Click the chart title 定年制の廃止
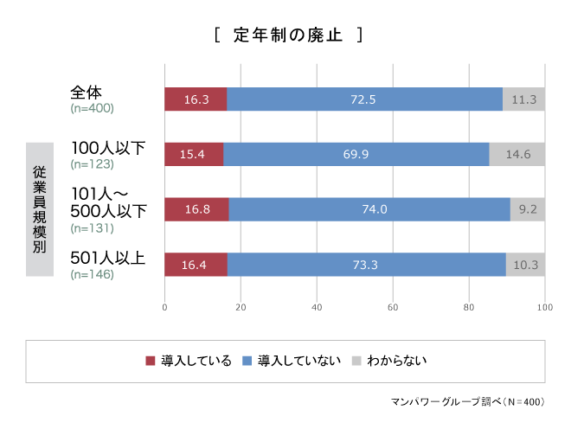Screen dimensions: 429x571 [x=288, y=35]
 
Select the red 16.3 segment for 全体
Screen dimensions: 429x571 [x=196, y=99]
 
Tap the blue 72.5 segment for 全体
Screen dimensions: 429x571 [x=364, y=99]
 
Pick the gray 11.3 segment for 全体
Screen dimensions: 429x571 [x=523, y=99]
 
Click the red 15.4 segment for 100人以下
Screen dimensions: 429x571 [x=194, y=155]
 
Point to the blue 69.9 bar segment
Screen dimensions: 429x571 [x=356, y=155]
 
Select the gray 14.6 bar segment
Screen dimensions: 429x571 [x=517, y=155]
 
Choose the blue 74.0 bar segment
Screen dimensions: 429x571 [x=369, y=209]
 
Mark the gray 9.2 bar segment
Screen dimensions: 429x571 [x=528, y=209]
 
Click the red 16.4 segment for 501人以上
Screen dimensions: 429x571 [x=196, y=264]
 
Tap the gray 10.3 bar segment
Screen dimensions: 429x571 [x=525, y=264]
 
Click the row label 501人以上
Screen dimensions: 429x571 [x=108, y=257]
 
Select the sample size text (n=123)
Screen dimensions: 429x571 [x=92, y=163]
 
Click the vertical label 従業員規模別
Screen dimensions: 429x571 [x=40, y=209]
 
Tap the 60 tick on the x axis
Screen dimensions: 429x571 [x=393, y=307]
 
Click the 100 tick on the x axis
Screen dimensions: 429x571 [x=544, y=307]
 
